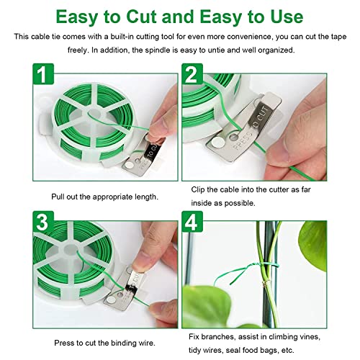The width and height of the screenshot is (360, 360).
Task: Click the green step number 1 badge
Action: coord(43,74)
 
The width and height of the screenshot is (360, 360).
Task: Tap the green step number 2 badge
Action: coord(192,74)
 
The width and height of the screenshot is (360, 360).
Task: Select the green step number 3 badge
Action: coord(43,222)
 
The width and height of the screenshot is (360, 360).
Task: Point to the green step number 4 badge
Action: coord(192,222)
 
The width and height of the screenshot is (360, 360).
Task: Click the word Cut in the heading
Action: coord(142,17)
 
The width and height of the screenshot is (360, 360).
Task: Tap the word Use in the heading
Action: coord(287,17)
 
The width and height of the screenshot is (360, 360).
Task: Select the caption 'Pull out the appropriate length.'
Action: coord(105,197)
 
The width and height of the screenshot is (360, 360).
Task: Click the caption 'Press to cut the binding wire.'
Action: coord(104,343)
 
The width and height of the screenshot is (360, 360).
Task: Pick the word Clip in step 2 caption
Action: coord(198,190)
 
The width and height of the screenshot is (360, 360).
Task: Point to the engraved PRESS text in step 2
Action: coord(243,140)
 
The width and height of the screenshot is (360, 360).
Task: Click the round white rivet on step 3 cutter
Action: coord(111,299)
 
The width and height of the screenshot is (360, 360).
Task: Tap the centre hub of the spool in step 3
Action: coord(70,250)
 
